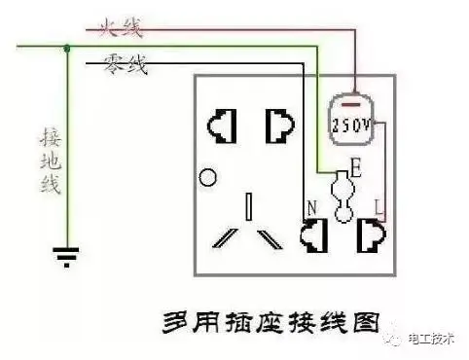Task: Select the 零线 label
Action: coord(125,65)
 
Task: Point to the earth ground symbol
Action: coord(66,257)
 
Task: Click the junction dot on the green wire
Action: coord(66,46)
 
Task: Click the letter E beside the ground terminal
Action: coord(356,171)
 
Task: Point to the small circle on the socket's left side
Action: coord(206,178)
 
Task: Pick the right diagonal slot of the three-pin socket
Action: coord(271,237)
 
